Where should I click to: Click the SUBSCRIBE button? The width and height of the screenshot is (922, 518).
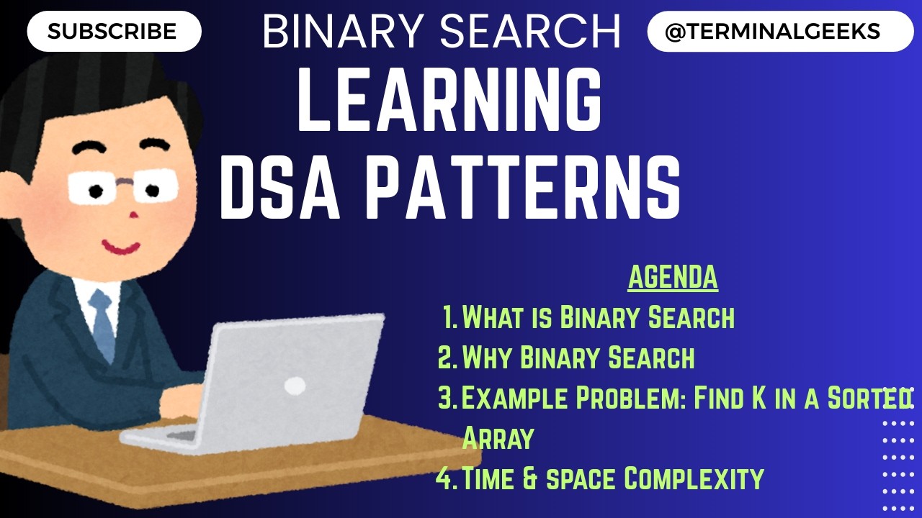[112, 32]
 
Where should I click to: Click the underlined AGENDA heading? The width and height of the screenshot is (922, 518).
[673, 278]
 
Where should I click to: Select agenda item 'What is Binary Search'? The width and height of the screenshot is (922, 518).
[598, 317]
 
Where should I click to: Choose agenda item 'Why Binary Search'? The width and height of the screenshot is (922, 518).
[578, 357]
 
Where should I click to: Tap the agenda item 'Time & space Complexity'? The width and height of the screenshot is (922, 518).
[612, 478]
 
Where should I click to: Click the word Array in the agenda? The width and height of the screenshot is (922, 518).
[497, 437]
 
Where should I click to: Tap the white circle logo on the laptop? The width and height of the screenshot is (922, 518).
[295, 386]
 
